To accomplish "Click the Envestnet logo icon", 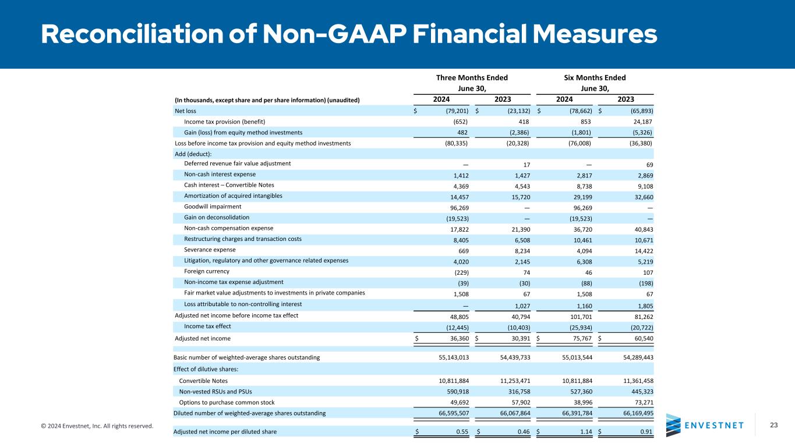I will tap(673, 425).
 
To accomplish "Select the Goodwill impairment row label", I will tap(208, 207).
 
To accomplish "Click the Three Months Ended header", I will tap(472, 77).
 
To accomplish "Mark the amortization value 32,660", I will tap(640, 196).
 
